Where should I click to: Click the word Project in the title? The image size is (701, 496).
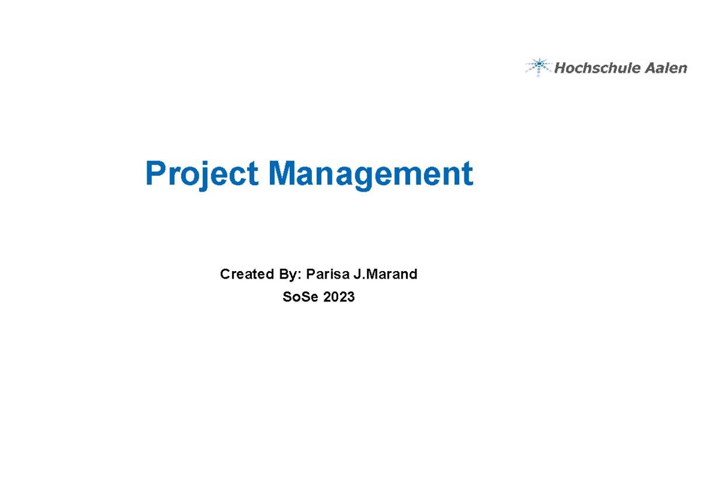[x=202, y=175]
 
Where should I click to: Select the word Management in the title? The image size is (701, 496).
[x=370, y=175]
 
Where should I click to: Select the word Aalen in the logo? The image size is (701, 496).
[x=666, y=68]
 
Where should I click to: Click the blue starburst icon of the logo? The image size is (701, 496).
[x=539, y=67]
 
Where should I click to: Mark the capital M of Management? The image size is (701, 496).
[x=282, y=174]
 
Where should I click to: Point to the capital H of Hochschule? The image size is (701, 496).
[x=559, y=68]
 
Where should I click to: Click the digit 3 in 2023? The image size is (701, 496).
[x=350, y=297]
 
